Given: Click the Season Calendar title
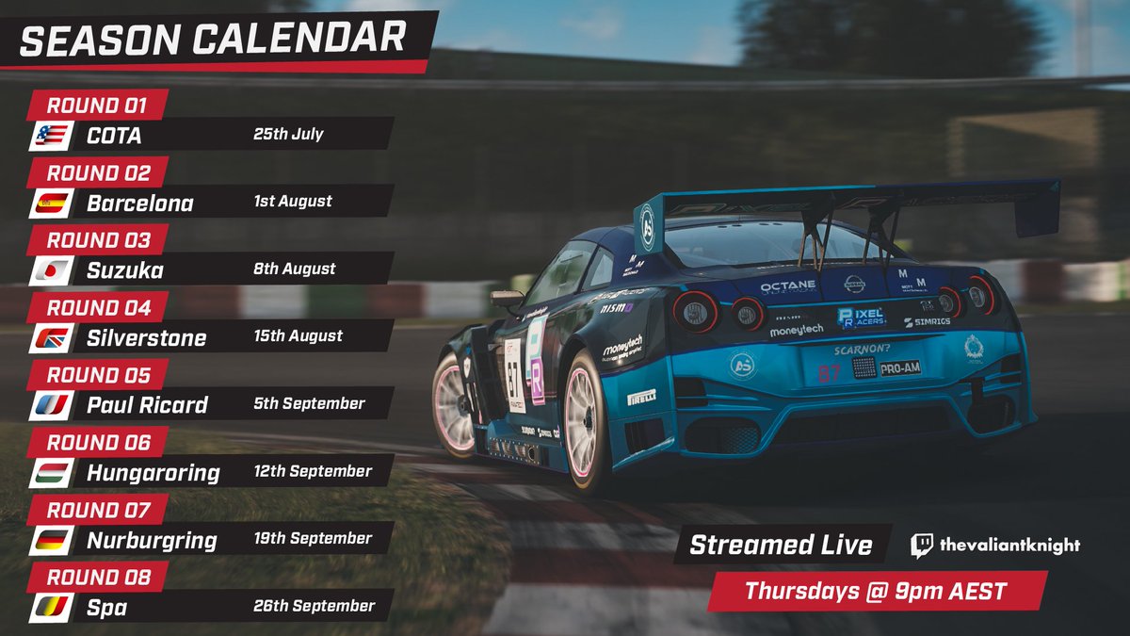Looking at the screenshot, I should pos(213,38).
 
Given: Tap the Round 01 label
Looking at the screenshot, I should pos(98,105).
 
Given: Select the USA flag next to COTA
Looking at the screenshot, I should pos(51,136).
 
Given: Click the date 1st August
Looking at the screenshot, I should pos(292,202).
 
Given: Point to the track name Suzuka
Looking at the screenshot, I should pos(124,271).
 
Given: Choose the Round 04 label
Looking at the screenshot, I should pos(98,307).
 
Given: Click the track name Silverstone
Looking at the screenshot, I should pos(147,338).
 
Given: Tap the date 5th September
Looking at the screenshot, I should pos(309,403).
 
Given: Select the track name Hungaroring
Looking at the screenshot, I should pos(153,473).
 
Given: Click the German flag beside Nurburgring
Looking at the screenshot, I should pos(51,541).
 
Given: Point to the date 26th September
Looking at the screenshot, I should pos(314,606).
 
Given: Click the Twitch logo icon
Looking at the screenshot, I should pos(922,546).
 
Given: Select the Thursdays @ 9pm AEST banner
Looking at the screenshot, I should pos(876,592).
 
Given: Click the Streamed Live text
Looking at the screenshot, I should pos(781,546).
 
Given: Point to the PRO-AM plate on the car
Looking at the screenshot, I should pos(900,368).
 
